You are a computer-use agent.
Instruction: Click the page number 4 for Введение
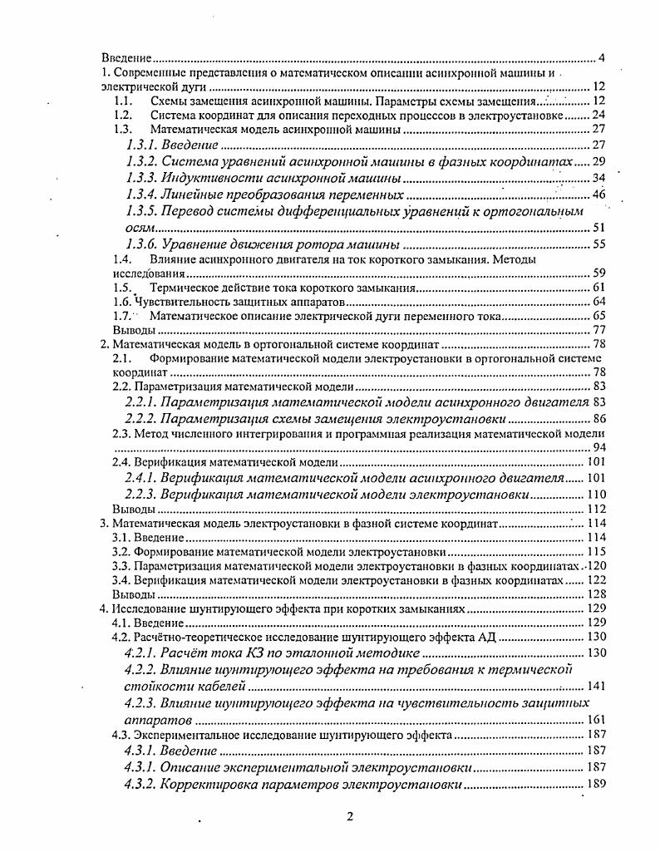[601, 58]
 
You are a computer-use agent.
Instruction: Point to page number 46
[597, 195]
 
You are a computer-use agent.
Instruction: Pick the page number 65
[598, 316]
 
